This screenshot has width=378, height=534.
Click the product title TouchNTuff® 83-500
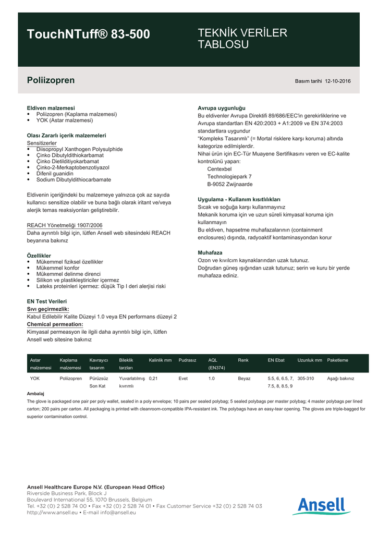click(88, 34)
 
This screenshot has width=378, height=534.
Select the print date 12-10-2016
click(338, 81)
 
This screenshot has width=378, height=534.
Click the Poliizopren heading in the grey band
click(51, 80)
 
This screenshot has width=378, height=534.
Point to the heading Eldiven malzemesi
click(51, 108)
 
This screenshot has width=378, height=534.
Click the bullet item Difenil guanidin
click(55, 173)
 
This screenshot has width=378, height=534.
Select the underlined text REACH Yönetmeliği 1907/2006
click(64, 225)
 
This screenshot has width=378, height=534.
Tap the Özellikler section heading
click(39, 256)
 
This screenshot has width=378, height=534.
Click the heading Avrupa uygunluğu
click(221, 108)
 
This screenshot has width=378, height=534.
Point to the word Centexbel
click(220, 169)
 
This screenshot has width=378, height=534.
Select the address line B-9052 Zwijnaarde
click(230, 184)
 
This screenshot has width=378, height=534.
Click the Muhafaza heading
click(210, 252)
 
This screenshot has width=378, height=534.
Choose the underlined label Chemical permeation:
click(55, 324)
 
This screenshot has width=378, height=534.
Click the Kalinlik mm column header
click(160, 360)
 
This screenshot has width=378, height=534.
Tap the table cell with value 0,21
click(153, 379)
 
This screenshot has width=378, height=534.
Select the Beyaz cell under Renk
click(244, 379)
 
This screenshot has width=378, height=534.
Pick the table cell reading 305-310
click(306, 379)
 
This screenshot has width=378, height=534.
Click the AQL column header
click(213, 360)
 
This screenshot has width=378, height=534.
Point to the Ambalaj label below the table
click(35, 393)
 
